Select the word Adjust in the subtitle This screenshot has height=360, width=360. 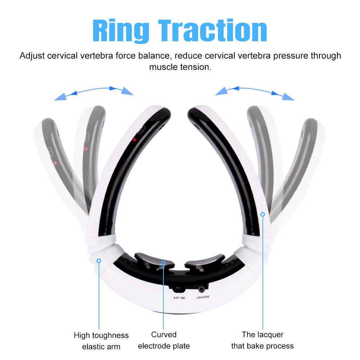coord(32,56)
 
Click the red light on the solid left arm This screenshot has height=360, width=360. coord(134,140)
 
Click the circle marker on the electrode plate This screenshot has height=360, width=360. coord(163,263)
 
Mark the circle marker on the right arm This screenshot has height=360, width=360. coord(263,214)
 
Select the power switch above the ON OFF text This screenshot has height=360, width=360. coord(177,289)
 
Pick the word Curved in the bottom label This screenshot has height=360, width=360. coord(164,334)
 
